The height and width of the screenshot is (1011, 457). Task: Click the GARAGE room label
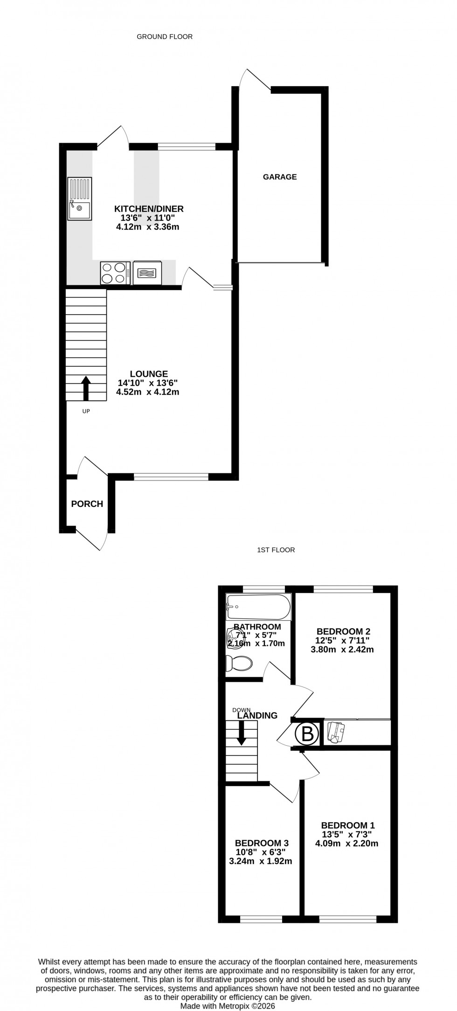coord(280,177)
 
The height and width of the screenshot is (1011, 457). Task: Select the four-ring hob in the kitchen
coord(115,273)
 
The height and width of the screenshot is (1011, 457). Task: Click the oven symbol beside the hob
coord(148,273)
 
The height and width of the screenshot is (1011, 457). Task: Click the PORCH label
coord(87,504)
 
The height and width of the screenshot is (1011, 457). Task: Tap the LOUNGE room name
coord(149,374)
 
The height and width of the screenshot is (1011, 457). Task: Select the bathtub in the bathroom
coord(258,607)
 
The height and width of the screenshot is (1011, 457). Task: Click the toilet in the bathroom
coord(238,663)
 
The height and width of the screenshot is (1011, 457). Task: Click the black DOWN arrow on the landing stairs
coord(241,733)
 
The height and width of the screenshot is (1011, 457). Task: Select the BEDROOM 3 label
coord(262,843)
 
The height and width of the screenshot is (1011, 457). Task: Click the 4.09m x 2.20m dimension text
coord(347,843)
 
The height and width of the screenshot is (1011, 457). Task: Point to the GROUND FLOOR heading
coord(165,36)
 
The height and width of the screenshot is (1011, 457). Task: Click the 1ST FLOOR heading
coord(276,550)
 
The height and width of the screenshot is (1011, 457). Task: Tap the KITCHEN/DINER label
coord(149,208)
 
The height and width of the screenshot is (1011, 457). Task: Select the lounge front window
coord(171,476)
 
